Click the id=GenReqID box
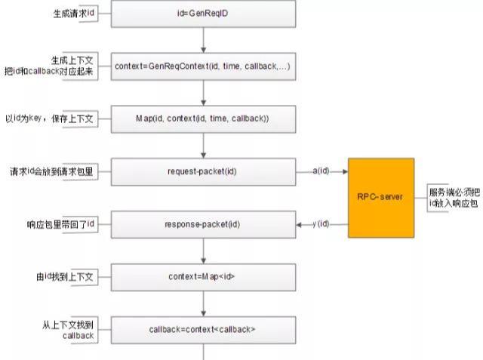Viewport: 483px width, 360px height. click(204, 14)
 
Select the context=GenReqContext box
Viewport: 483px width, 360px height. click(204, 66)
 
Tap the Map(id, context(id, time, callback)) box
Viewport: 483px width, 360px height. click(204, 119)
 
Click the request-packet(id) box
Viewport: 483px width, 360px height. click(204, 171)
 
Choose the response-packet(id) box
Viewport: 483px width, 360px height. click(204, 224)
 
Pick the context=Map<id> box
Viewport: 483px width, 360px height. click(204, 276)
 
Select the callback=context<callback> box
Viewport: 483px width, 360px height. click(204, 329)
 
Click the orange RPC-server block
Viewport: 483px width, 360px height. click(381, 197)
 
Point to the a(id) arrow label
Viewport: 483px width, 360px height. click(321, 171)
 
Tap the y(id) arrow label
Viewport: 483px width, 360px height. click(321, 224)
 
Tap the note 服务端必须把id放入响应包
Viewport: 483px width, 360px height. click(453, 197)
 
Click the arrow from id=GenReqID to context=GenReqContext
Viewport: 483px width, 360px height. click(204, 40)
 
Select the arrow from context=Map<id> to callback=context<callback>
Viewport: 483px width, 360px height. click(204, 303)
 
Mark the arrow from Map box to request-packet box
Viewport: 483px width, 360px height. click(204, 145)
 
